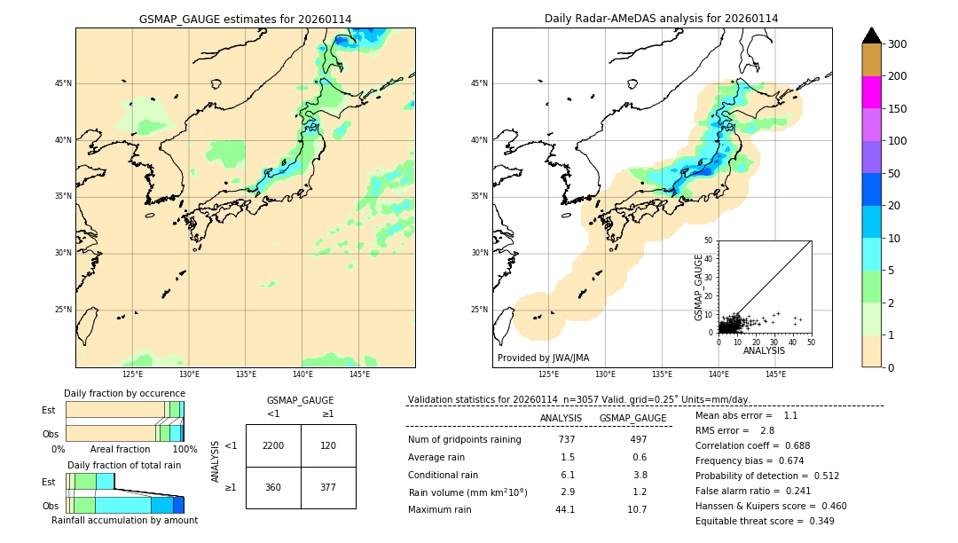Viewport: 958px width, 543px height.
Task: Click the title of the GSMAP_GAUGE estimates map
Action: click(245, 19)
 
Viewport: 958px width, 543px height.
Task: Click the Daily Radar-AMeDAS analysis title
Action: click(662, 19)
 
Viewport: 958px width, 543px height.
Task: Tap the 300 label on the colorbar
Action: click(897, 44)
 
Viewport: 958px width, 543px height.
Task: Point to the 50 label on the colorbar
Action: click(894, 174)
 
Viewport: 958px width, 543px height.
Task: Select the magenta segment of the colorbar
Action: click(872, 92)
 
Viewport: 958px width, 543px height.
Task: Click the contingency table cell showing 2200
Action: click(273, 445)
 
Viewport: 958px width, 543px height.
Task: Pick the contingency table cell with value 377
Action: click(328, 487)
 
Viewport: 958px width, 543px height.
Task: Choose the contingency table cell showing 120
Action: click(328, 445)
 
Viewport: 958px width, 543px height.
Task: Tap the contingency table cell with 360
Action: click(273, 487)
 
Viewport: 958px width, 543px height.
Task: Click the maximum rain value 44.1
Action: click(565, 509)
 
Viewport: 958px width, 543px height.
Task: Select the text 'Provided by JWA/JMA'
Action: click(543, 358)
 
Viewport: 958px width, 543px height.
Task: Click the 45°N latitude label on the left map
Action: click(63, 83)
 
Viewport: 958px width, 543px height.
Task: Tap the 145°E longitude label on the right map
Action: click(775, 374)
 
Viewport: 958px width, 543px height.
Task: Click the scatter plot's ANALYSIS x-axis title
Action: click(764, 350)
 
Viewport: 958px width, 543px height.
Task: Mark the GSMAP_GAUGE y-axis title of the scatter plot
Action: click(699, 287)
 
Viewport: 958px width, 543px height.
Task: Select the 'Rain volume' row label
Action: click(467, 492)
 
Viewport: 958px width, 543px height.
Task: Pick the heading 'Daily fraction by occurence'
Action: click(124, 393)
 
